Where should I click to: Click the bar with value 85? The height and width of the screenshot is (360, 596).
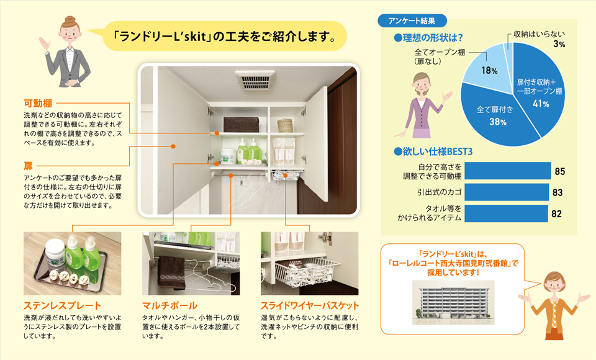(507, 171)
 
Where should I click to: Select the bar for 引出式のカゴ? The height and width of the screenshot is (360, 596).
(507, 192)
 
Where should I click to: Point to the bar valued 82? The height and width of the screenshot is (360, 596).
(506, 214)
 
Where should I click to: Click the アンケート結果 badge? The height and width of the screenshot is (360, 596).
(412, 21)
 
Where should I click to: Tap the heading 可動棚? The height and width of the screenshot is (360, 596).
(38, 103)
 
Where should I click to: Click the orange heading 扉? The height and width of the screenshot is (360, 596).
(28, 166)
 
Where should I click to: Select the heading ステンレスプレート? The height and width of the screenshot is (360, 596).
(62, 305)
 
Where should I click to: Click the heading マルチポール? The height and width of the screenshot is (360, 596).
(170, 305)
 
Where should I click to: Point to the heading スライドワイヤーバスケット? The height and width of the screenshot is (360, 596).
(310, 305)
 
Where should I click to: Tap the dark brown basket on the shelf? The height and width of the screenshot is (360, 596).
(241, 124)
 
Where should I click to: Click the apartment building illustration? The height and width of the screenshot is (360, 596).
(453, 303)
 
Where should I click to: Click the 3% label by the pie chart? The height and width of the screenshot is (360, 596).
(559, 44)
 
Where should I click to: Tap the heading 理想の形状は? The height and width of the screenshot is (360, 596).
(428, 38)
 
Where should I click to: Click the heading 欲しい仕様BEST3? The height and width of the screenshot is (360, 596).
(433, 151)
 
